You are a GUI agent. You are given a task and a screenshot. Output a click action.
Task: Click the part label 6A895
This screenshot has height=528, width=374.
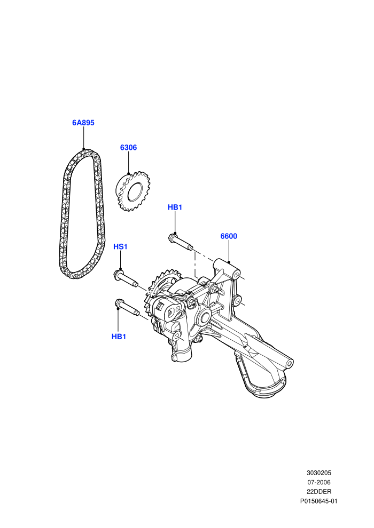pos(83,123)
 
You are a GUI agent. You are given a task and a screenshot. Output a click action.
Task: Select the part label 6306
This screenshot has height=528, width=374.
pos(128,147)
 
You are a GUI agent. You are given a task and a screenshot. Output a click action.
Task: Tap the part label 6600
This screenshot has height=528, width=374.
pos(229,236)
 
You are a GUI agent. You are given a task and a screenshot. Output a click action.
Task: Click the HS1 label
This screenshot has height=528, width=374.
pos(120,246)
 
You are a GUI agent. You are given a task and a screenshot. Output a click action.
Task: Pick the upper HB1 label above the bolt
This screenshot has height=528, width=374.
pos(175,207)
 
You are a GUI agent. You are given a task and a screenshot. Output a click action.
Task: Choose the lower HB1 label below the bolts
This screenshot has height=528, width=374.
pos(119,337)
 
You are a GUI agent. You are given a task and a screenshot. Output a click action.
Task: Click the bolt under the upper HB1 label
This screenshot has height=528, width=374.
pos(180,242)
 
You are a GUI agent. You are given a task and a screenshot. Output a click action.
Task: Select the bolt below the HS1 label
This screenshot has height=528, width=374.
pos(126,278)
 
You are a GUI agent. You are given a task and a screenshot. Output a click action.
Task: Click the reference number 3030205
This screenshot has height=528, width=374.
pos(318,473)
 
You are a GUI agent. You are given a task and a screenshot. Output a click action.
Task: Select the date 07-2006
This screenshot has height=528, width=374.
pos(318,482)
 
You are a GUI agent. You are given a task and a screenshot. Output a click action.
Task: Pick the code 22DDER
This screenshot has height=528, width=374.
pos(318,492)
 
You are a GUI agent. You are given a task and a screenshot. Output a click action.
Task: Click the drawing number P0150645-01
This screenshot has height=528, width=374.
pos(318,501)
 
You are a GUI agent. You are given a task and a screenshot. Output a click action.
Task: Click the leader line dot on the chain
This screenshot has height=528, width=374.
pos(83,149)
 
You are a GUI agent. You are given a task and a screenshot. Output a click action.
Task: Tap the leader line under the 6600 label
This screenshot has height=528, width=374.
pos(229,251)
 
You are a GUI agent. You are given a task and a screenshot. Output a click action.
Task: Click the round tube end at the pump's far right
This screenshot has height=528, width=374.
pos(289,363)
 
